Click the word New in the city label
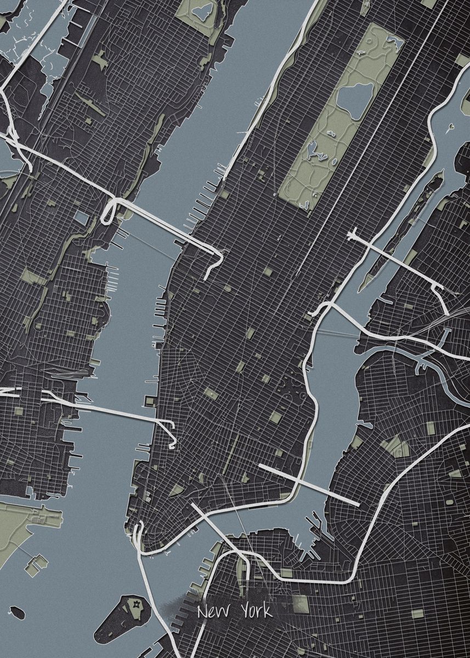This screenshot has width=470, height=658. (213, 610)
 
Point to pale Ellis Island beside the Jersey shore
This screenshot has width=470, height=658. (37, 563)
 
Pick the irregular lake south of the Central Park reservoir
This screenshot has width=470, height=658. (314, 150)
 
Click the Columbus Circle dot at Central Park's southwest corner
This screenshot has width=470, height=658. (274, 194)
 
